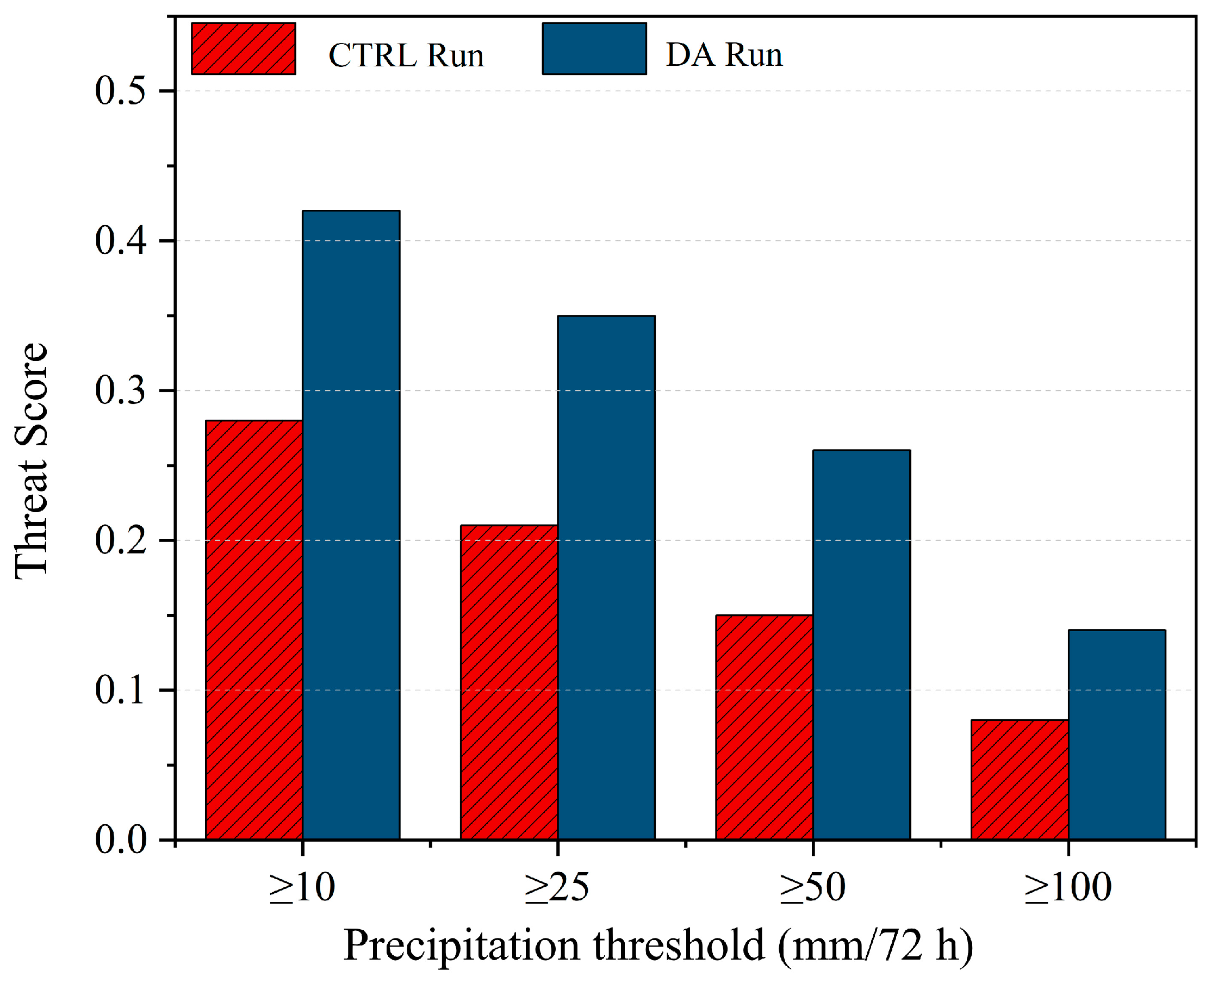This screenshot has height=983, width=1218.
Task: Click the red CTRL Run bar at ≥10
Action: click(254, 630)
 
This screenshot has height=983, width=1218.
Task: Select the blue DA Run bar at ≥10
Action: click(351, 525)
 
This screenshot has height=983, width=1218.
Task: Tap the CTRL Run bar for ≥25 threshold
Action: click(509, 682)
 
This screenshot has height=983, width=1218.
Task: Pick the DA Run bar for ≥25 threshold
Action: click(606, 577)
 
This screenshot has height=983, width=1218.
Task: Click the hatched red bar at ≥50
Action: click(765, 727)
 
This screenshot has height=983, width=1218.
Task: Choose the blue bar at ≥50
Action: click(862, 645)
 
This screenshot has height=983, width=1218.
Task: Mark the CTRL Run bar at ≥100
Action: click(1020, 780)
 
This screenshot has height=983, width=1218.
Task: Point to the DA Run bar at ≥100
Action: click(1117, 735)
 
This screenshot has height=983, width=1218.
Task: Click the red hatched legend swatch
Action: click(244, 49)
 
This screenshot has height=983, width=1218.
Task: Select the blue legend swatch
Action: click(594, 49)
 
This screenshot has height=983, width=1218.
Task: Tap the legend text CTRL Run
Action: click(406, 55)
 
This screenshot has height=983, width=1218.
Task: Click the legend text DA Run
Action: click(724, 55)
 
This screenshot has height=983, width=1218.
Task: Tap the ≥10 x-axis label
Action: click(302, 887)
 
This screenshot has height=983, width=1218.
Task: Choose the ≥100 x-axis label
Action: click(1068, 887)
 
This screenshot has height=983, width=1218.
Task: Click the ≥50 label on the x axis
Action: click(812, 887)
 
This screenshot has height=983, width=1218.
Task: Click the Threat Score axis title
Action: click(31, 462)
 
